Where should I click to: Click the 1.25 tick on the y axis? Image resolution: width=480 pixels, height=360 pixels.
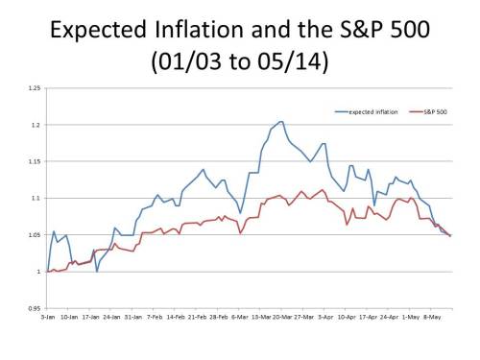click(34, 89)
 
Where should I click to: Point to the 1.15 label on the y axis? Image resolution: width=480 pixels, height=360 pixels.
click(34, 162)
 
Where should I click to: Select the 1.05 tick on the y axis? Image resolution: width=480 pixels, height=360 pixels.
click(34, 235)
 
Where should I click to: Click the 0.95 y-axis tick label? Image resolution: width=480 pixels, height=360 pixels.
click(34, 308)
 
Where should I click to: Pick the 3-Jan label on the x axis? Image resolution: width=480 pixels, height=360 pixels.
click(48, 315)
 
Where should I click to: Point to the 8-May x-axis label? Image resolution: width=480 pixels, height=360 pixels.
click(434, 315)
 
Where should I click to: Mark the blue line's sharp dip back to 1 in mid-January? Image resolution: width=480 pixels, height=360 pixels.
click(96, 271)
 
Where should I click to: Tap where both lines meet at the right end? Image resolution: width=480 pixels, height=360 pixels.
click(450, 236)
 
